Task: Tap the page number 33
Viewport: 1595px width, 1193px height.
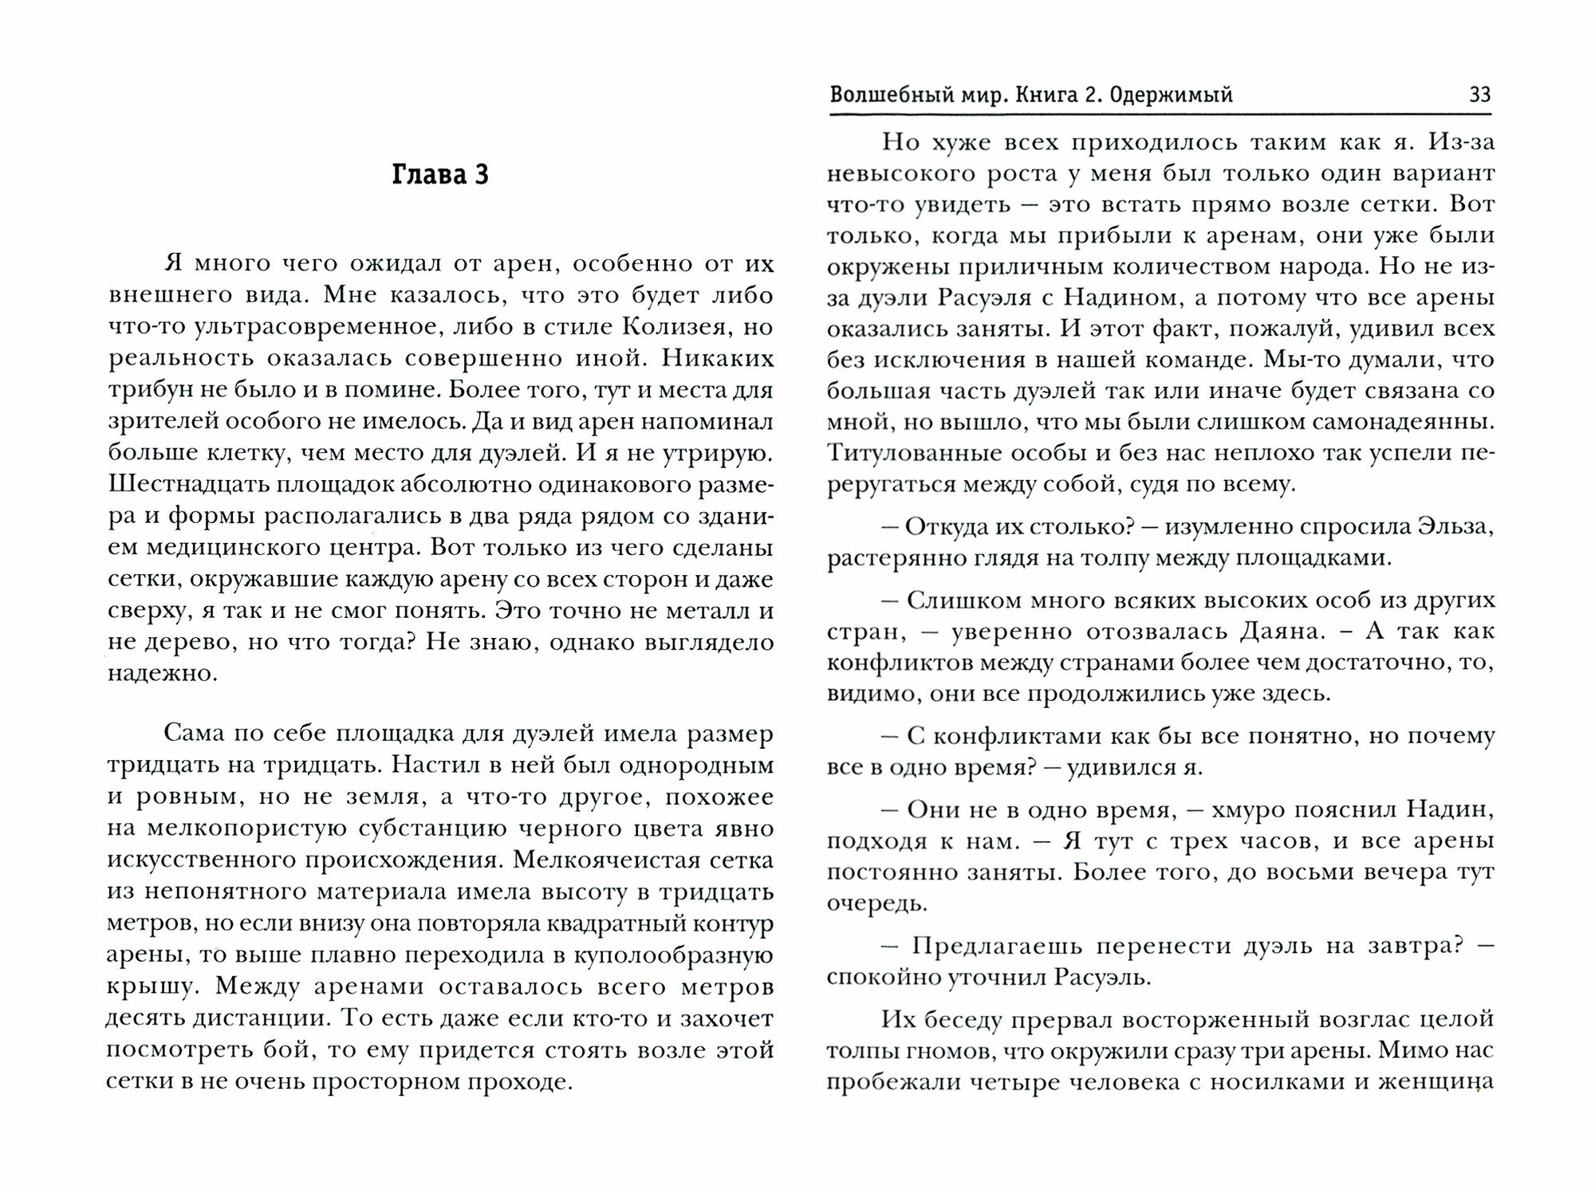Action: (1479, 96)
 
